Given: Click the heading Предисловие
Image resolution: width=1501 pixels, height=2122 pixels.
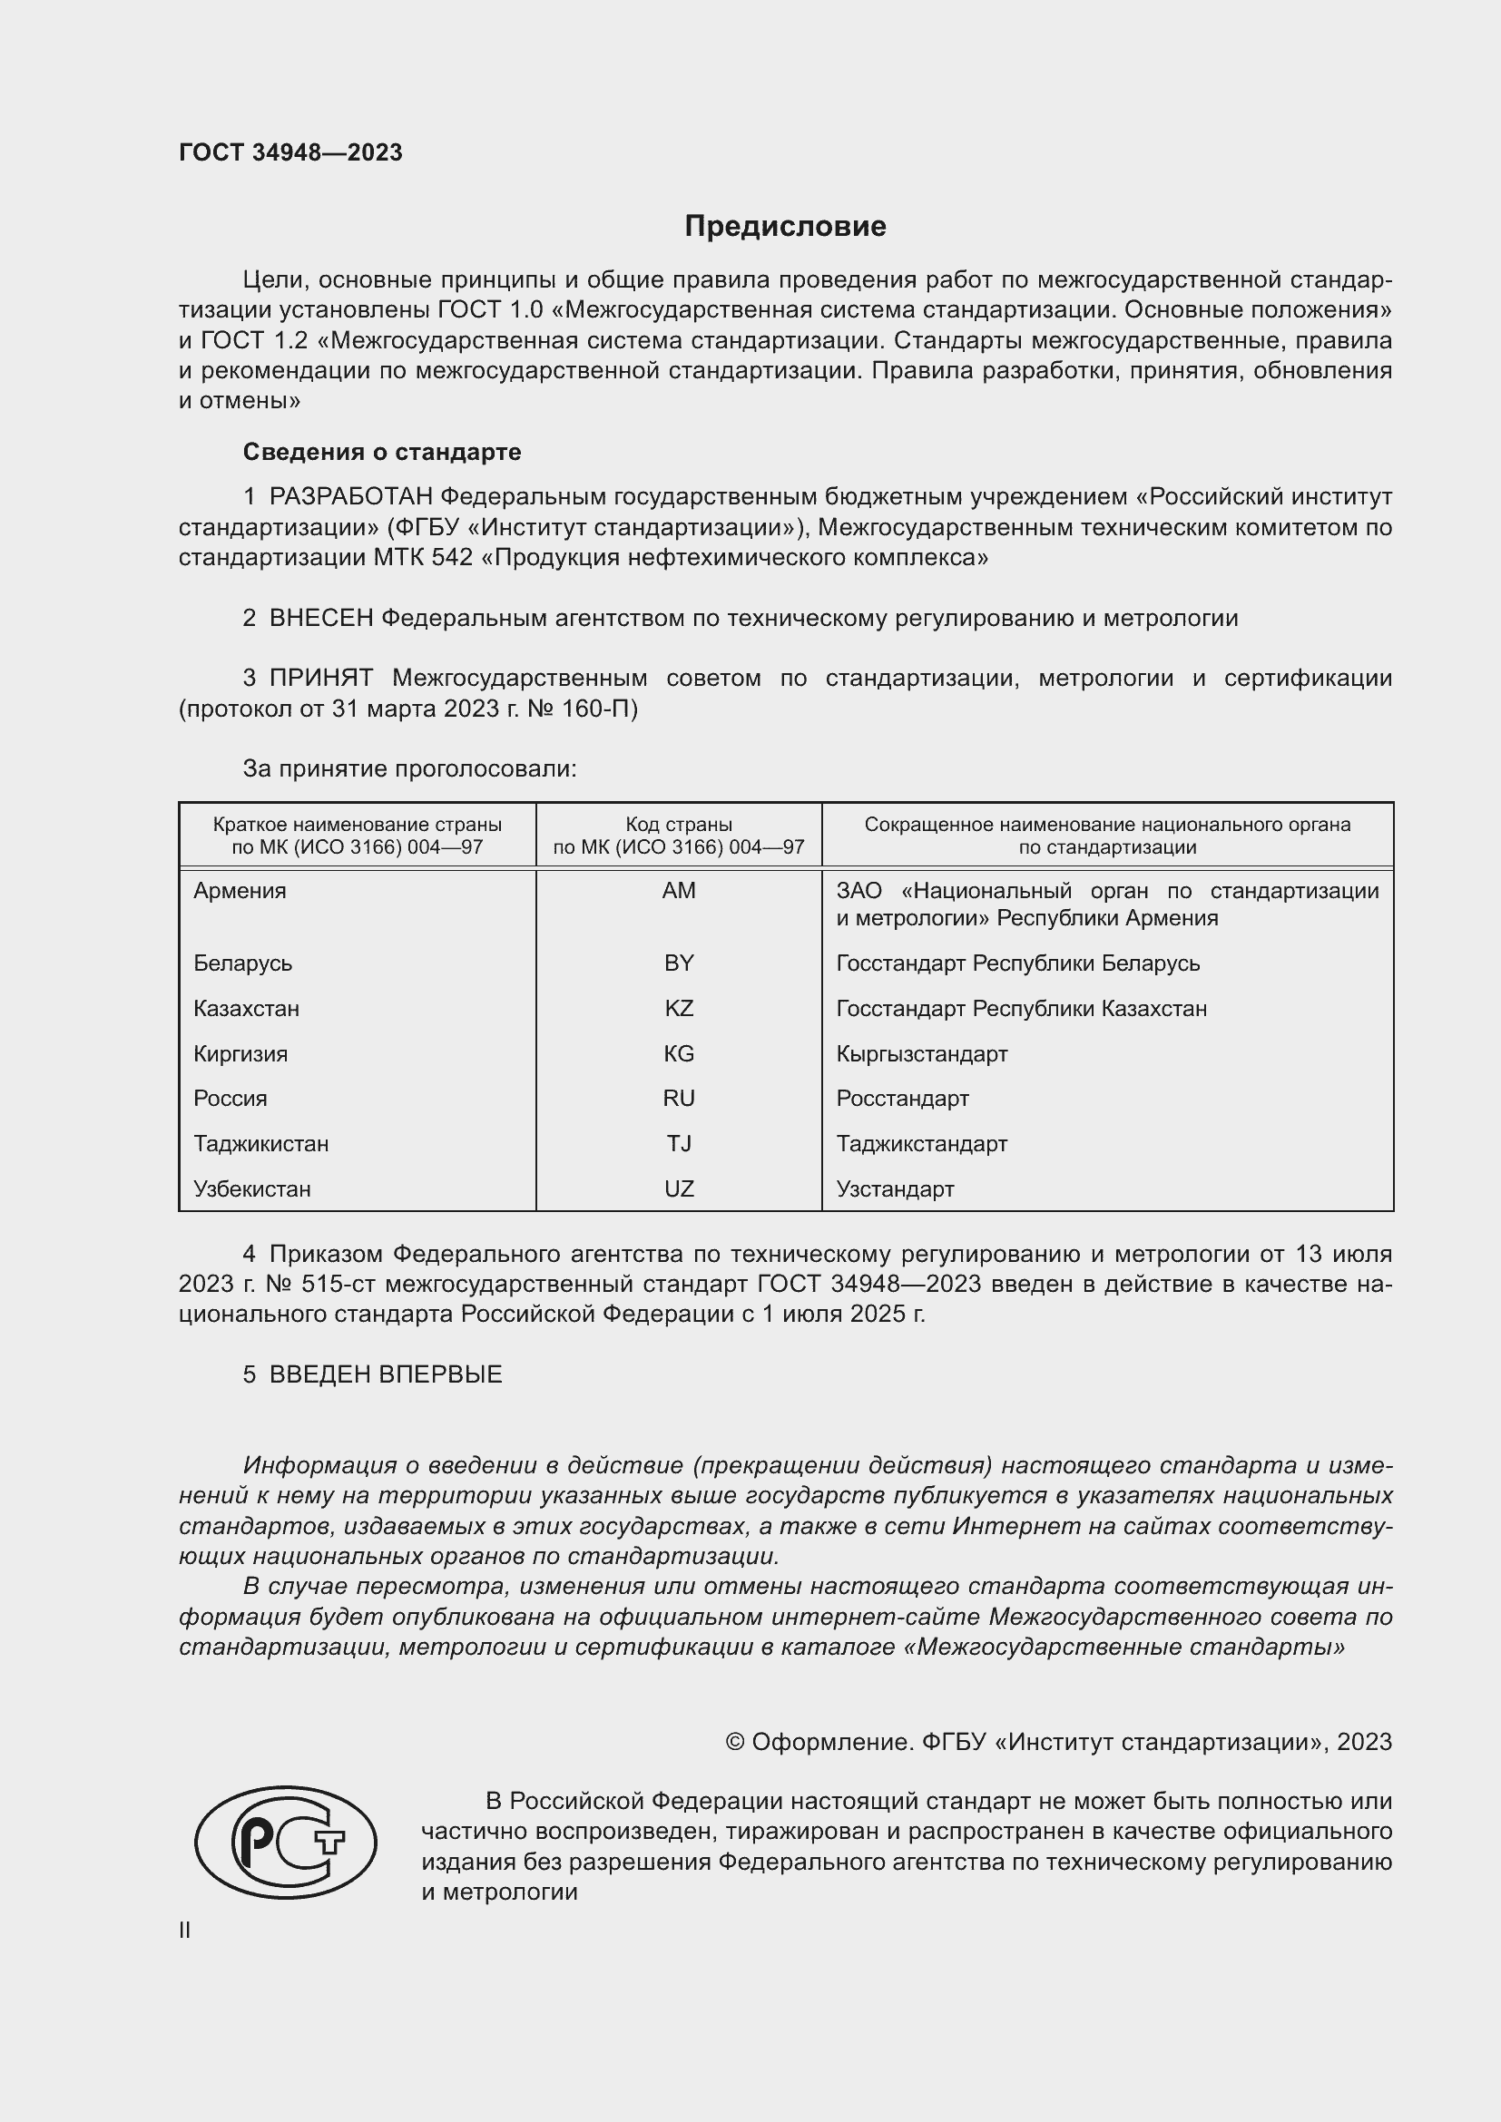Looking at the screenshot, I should point(785,227).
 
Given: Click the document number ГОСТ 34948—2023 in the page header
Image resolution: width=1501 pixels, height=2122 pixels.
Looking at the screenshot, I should point(290,152).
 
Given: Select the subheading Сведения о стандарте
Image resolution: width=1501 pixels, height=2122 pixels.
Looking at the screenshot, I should point(382,452).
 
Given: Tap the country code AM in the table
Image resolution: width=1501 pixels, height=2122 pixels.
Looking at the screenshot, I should point(679,891).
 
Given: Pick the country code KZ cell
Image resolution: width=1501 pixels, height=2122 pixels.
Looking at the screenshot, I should point(679,1008).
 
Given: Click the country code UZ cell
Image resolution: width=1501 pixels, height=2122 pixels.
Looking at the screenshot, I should point(679,1189).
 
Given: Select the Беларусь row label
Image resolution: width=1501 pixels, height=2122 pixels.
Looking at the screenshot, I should point(242,963).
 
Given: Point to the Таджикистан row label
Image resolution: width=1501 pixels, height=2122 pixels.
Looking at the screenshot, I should point(260,1144).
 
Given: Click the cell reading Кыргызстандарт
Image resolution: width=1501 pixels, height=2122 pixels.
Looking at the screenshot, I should point(921,1053).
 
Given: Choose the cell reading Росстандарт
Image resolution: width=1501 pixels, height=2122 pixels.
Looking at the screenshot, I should point(902,1099).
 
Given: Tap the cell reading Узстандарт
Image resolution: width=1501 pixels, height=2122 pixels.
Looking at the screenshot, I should point(895,1189).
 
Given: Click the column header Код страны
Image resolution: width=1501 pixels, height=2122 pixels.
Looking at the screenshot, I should point(679,825).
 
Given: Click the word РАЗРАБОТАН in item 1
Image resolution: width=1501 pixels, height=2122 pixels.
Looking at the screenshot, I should point(350,497).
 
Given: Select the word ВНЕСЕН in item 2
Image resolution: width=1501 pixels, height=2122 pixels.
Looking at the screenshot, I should point(320,619).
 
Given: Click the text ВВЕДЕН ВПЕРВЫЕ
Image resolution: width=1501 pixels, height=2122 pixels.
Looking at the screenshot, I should point(386,1374).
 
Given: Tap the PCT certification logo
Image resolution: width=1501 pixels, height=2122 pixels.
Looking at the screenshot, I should point(286,1842).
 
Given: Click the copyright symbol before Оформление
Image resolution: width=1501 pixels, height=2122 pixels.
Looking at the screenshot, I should point(735,1742).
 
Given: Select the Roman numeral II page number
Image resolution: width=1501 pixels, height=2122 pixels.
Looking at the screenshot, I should point(185,1930).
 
